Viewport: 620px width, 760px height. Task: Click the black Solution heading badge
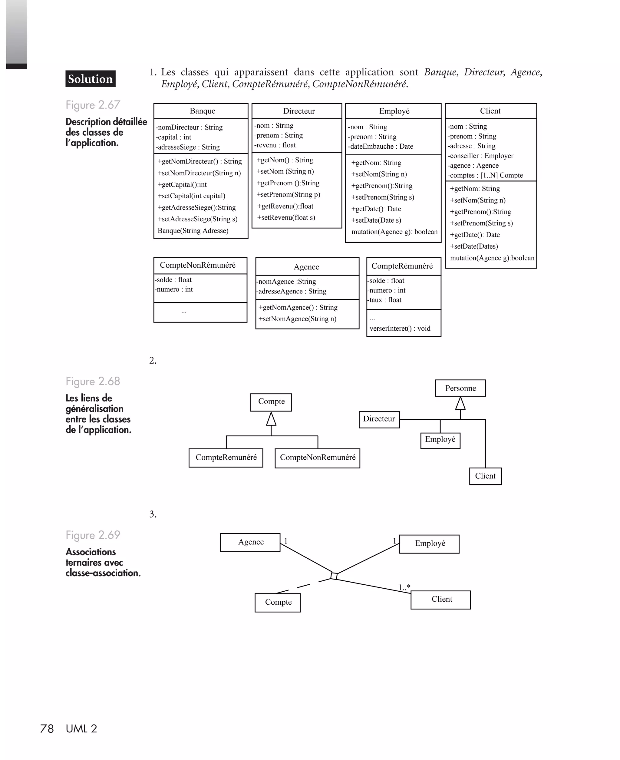(x=90, y=79)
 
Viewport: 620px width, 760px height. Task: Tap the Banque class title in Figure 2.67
(x=202, y=111)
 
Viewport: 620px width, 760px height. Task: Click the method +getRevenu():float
(x=285, y=206)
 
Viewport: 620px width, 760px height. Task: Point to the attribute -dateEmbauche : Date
(x=381, y=147)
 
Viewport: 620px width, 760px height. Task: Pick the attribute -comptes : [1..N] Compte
(x=485, y=175)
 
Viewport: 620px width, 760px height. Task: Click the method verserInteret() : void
(x=400, y=329)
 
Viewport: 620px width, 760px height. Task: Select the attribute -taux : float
(x=385, y=300)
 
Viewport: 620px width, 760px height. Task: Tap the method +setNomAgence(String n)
(x=298, y=319)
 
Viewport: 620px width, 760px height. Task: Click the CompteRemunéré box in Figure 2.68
(x=226, y=458)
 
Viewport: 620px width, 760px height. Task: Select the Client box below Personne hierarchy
(x=485, y=476)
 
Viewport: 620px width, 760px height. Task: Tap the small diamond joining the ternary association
(x=334, y=576)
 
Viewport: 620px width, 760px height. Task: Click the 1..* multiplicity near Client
(x=404, y=587)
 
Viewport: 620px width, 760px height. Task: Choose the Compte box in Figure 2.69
(x=278, y=602)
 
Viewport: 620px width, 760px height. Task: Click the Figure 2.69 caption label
(x=93, y=535)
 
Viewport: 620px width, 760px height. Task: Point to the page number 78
(x=47, y=729)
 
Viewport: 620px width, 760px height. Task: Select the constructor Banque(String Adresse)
(x=193, y=231)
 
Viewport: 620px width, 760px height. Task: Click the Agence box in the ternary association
(x=250, y=542)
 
